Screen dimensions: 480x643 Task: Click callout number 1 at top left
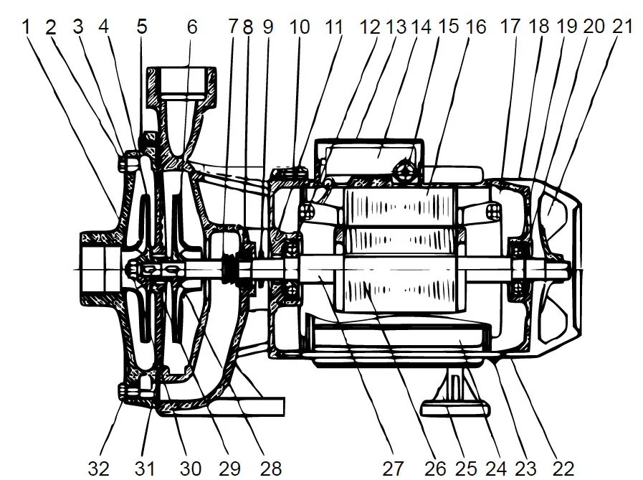pyautogui.click(x=27, y=27)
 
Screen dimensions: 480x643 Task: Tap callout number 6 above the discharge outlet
pyautogui.click(x=191, y=27)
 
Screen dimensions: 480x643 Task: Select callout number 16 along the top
pyautogui.click(x=475, y=27)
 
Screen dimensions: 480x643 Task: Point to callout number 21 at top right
pyautogui.click(x=623, y=27)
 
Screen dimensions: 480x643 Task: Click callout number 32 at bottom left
pyautogui.click(x=99, y=469)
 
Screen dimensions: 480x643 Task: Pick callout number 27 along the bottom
pyautogui.click(x=392, y=469)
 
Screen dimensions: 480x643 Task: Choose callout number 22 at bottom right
pyautogui.click(x=564, y=469)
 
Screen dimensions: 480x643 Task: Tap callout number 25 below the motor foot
pyautogui.click(x=466, y=469)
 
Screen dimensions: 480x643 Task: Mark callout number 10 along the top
pyautogui.click(x=300, y=27)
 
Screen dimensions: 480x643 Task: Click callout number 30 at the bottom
pyautogui.click(x=190, y=469)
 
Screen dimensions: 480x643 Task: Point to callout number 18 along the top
pyautogui.click(x=539, y=27)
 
